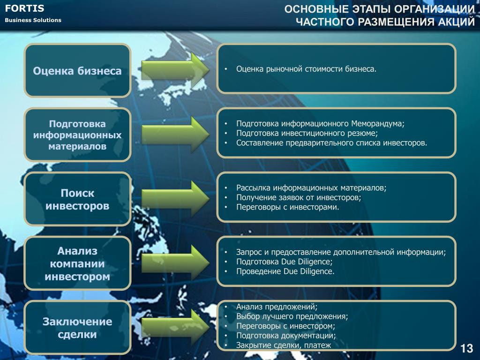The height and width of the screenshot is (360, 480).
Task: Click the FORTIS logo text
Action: (24, 8)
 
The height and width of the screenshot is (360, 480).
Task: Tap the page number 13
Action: (466, 348)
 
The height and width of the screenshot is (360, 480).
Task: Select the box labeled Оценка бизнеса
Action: (77, 71)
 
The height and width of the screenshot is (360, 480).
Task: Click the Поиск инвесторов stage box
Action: (77, 199)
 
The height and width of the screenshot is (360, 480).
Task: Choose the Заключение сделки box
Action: (77, 328)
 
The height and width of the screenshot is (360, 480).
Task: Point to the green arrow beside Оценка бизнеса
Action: (175, 70)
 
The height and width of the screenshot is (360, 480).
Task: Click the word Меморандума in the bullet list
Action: (378, 124)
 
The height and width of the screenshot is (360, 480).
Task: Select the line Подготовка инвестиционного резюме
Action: (307, 134)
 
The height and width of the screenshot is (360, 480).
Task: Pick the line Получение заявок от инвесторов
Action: (299, 198)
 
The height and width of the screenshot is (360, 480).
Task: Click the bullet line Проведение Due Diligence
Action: (285, 271)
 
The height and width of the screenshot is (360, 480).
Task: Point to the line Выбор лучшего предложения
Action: (292, 316)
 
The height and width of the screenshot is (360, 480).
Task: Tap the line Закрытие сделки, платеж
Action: (284, 345)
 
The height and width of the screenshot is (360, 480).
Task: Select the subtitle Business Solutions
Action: (33, 20)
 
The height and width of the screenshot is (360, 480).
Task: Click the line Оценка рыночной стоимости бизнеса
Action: (306, 69)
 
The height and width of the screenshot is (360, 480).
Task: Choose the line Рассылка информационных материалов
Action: (311, 188)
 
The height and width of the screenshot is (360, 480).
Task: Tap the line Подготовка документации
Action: (286, 336)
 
